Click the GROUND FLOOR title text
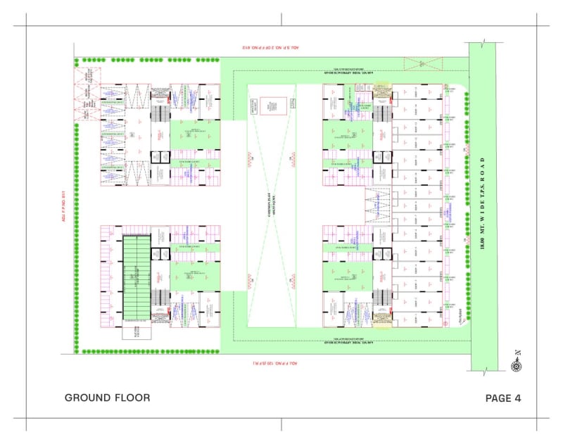click(x=107, y=398)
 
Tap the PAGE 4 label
click(x=503, y=398)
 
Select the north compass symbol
click(x=517, y=364)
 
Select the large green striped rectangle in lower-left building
click(x=138, y=272)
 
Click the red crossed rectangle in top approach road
click(x=421, y=64)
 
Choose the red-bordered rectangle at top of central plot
click(x=272, y=106)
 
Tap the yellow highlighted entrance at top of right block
click(x=381, y=89)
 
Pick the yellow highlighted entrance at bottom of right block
click(x=381, y=322)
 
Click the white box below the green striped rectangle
click(x=137, y=334)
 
